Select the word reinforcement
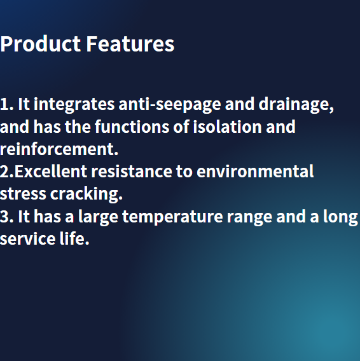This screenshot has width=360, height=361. coord(59,149)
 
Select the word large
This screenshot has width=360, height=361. coord(99,217)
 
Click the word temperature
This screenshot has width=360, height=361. coord(173,217)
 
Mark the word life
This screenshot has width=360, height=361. coord(74,239)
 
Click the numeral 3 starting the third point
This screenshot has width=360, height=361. coord(5,217)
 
